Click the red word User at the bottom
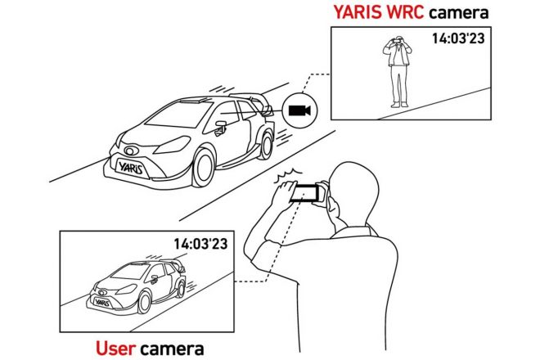(116, 349)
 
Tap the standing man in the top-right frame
(398, 70)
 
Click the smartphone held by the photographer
(308, 192)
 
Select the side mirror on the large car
(220, 124)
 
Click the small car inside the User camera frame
(135, 282)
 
